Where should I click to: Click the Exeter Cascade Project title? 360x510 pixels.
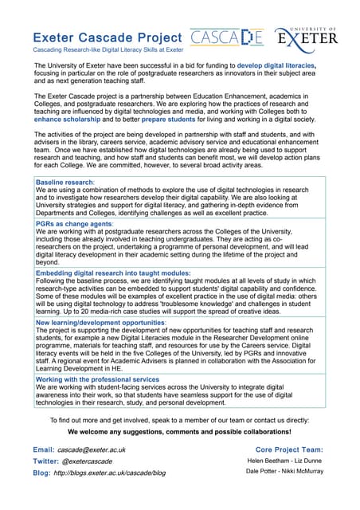point(108,37)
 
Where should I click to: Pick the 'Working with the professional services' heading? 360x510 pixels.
point(98,380)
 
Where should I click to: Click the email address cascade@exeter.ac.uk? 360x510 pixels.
point(94,450)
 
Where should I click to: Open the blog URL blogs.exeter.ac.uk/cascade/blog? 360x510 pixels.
point(110,473)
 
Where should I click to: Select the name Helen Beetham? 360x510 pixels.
point(268,461)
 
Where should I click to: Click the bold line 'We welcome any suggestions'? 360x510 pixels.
point(179,432)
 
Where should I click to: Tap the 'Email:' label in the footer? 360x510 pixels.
point(44,450)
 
